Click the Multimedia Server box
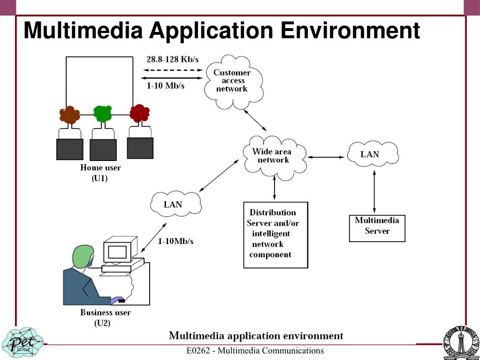[x=377, y=228]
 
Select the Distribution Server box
[x=275, y=234]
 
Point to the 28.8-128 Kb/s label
[x=172, y=59]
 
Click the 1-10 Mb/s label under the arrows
[x=165, y=86]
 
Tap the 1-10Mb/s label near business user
[x=175, y=241]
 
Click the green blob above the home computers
[x=102, y=113]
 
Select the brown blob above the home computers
[x=69, y=115]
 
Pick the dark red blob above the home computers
[x=139, y=113]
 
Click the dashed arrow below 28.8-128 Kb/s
[x=172, y=70]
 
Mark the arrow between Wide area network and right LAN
[x=327, y=157]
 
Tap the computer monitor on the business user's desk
[x=117, y=252]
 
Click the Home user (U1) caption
[x=100, y=173]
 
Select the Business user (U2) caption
[x=105, y=317]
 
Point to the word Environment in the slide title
[x=350, y=31]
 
